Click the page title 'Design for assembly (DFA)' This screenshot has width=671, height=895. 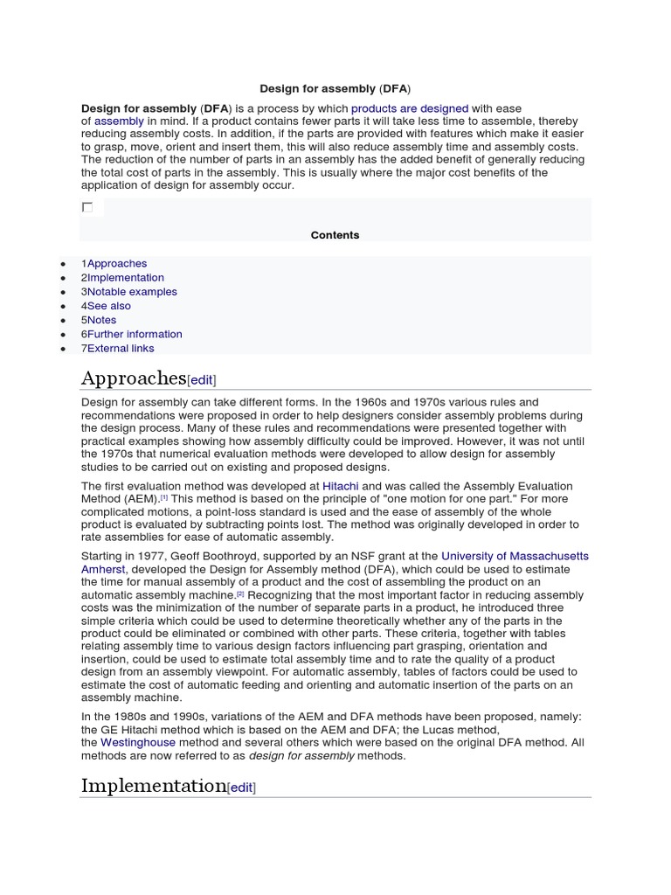(x=335, y=89)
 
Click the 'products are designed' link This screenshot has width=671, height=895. (x=410, y=108)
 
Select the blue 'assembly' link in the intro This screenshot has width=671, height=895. (x=119, y=121)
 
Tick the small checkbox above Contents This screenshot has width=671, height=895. (x=87, y=207)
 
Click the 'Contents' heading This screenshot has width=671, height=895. (x=335, y=235)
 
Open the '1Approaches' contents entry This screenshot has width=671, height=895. (x=114, y=263)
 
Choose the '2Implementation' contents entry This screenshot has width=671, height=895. (x=122, y=277)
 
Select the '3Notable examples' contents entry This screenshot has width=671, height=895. (x=129, y=292)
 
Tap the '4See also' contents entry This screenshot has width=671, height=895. (x=107, y=306)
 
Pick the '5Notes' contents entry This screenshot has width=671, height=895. (x=99, y=320)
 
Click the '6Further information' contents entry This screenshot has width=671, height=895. (x=132, y=334)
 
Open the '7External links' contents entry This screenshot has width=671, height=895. (x=118, y=348)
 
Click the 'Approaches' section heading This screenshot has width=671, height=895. (x=134, y=378)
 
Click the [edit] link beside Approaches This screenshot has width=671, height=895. (x=202, y=380)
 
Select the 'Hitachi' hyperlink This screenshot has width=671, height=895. (x=341, y=486)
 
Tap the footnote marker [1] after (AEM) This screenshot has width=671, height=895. (x=164, y=497)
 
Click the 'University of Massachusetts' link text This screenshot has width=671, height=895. (x=515, y=556)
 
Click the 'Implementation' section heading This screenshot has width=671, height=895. (x=154, y=786)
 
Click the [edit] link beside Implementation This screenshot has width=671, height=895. (x=241, y=787)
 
